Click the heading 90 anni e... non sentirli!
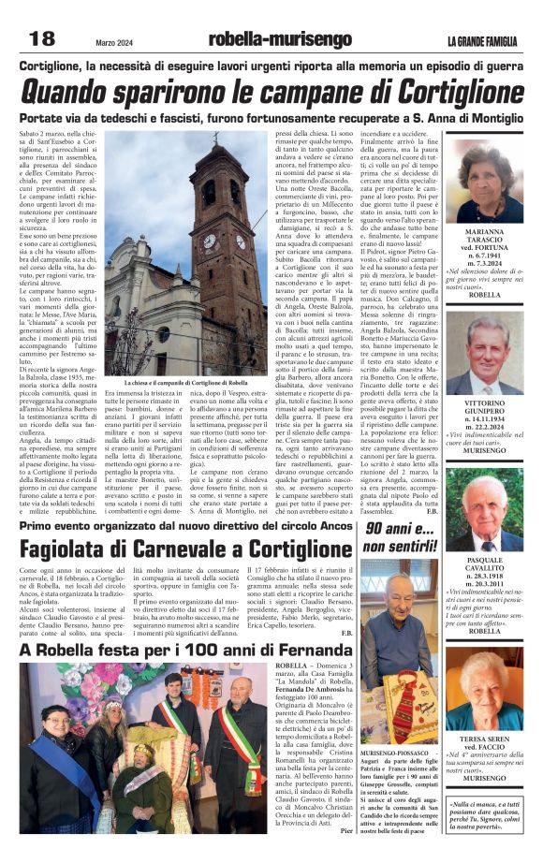tap(400, 537)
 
